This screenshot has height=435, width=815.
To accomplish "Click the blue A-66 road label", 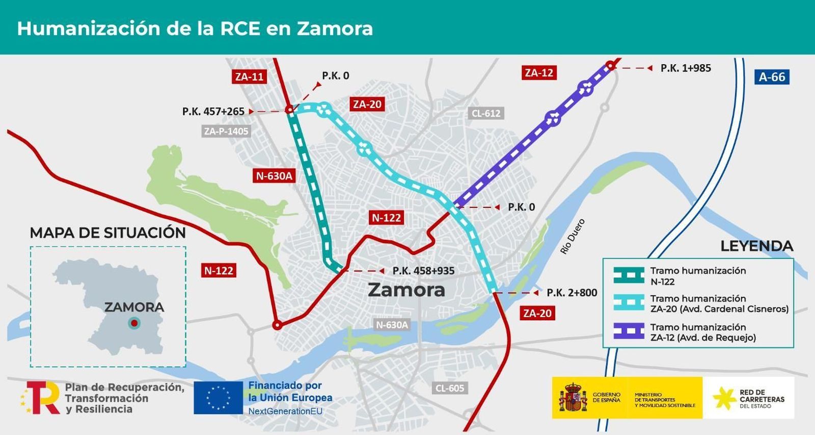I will tap(772, 77).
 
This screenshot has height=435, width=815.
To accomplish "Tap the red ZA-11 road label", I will tap(249, 76).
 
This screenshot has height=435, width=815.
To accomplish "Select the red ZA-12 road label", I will tap(539, 73).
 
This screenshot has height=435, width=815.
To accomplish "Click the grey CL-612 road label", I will tap(486, 113).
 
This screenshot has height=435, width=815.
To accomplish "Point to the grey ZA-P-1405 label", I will tap(226, 131).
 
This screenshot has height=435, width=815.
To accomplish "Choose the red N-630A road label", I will tap(274, 176).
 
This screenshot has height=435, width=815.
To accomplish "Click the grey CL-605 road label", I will tap(450, 388).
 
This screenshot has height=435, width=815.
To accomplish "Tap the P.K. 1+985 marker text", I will tap(686, 68).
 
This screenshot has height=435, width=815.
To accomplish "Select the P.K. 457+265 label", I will tap(213, 111).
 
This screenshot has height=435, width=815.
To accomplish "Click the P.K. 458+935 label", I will tap(423, 271).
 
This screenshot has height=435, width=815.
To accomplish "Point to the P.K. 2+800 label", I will tap(572, 293).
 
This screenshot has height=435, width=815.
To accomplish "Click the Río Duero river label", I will tap(573, 237).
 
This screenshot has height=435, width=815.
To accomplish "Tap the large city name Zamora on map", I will tap(406, 290).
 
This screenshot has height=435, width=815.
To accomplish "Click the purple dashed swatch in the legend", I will tap(629, 331).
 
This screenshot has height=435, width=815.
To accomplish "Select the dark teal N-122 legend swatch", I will tap(629, 275).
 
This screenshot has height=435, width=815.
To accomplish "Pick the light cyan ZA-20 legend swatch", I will tap(629, 302).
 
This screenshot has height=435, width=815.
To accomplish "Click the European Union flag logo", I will tap(218, 397).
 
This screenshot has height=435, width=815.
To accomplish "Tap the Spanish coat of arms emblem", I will tap(573, 397).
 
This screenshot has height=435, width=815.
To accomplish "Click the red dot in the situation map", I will tap(134, 323).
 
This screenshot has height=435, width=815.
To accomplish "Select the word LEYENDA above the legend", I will tap(756, 246).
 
